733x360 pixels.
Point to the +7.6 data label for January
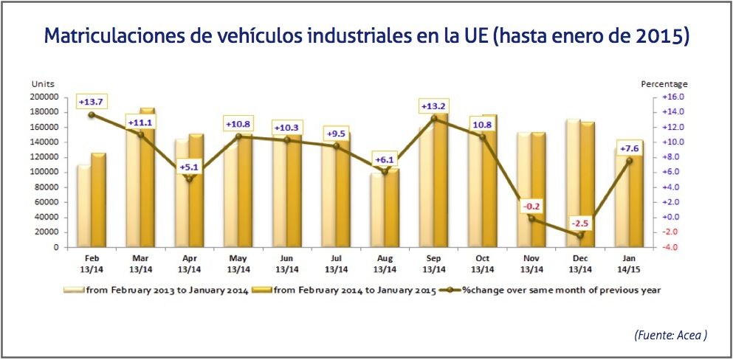pos(629,150)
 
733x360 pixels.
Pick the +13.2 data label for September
pos(433,105)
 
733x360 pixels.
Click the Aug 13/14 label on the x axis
pos(385,263)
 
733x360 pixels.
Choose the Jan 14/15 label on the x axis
pos(629,263)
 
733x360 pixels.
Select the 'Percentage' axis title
pos(664,84)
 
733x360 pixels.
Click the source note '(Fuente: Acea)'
pos(670,335)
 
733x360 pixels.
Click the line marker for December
pos(580,235)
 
